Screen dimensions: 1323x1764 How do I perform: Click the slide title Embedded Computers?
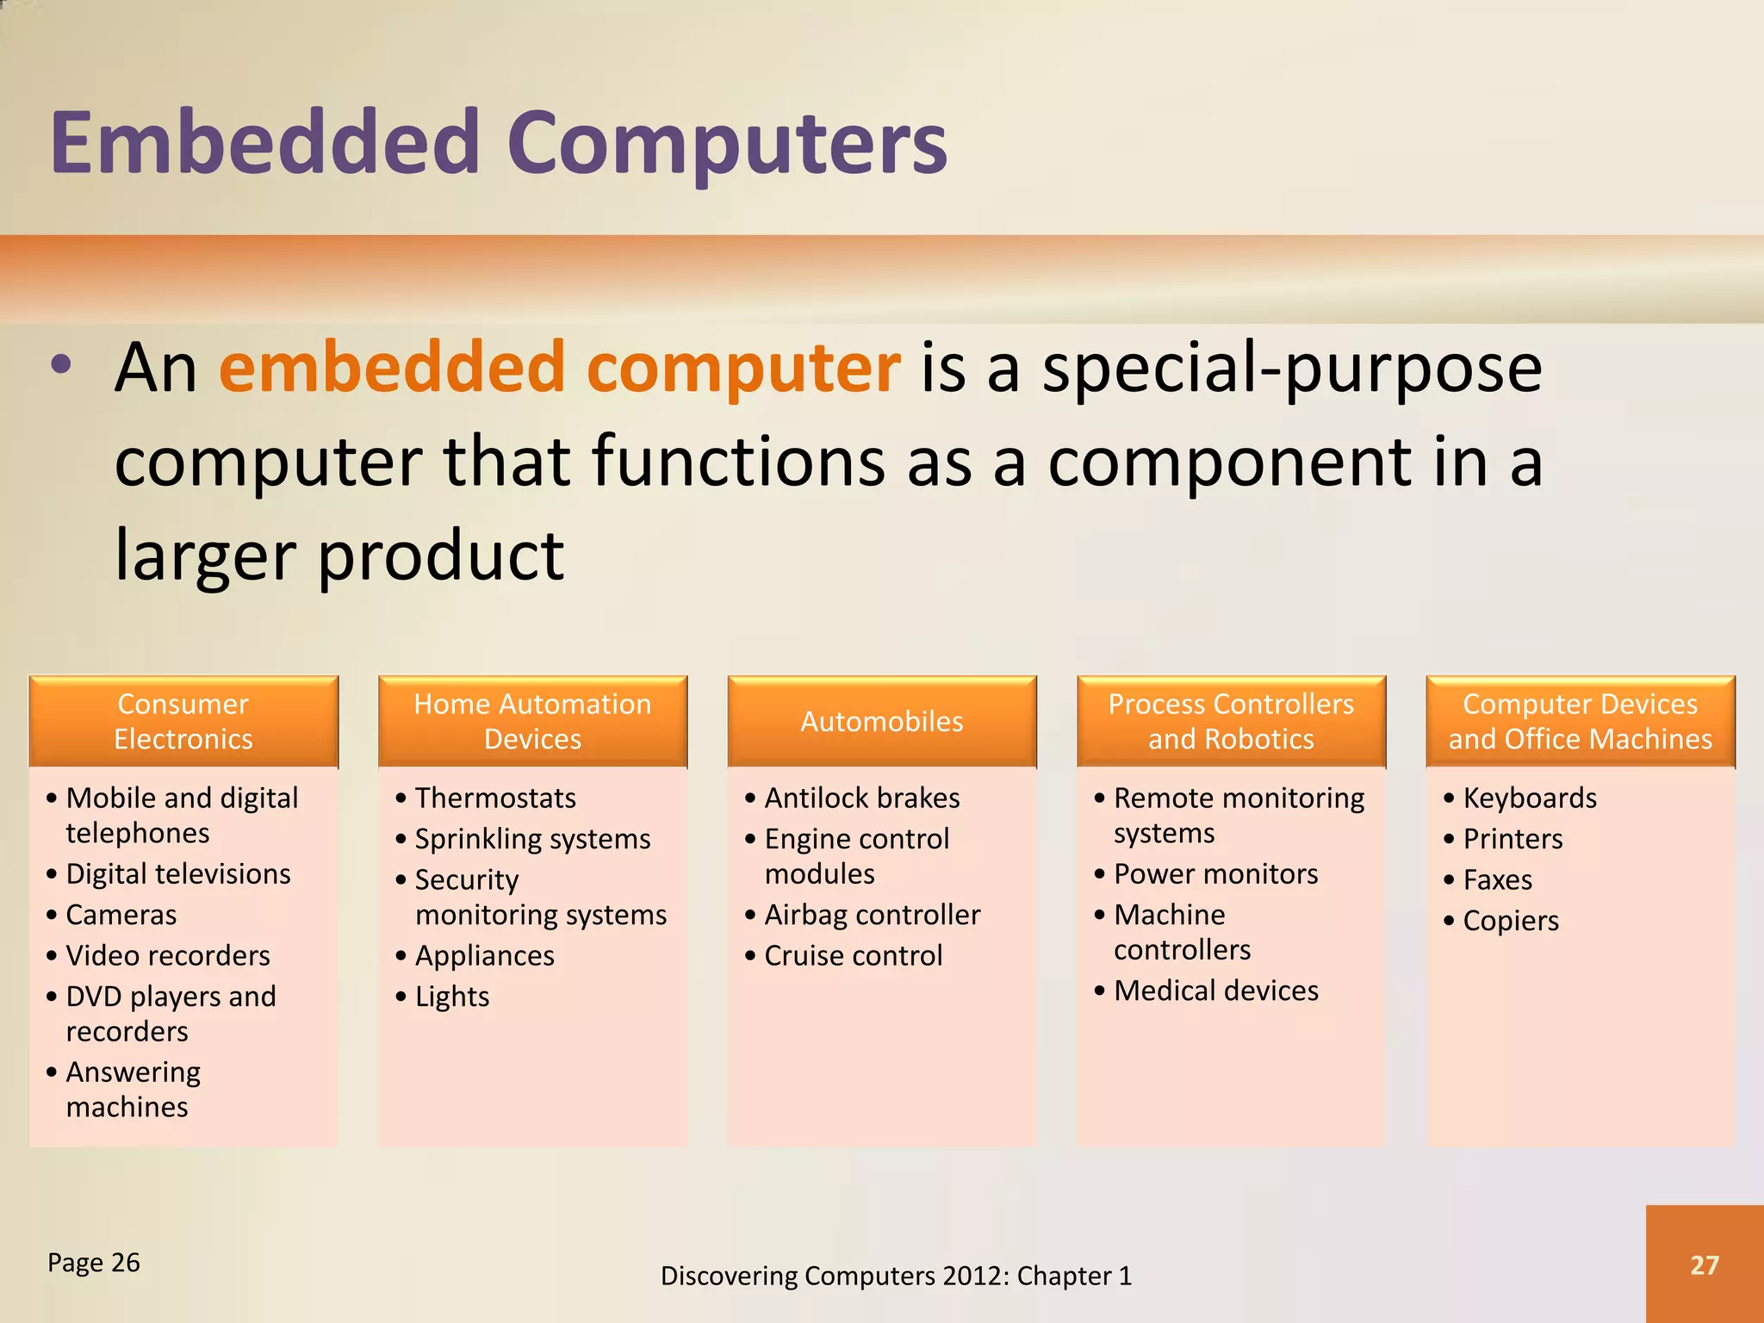coord(498,142)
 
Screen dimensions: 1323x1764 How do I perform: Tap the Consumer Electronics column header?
coord(183,721)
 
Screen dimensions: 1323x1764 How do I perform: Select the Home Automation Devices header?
coord(532,721)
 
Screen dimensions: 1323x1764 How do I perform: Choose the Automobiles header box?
coord(881,721)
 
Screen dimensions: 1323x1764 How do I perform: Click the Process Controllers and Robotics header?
coord(1231,721)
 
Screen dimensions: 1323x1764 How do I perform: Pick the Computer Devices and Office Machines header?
coord(1580,721)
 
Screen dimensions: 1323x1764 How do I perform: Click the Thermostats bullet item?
coord(495,798)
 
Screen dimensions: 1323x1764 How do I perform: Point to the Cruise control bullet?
coord(853,955)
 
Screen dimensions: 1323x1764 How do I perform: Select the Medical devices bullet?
coord(1215,991)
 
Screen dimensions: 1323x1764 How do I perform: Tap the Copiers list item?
coord(1511,920)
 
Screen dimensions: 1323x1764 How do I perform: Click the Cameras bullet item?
coord(121,915)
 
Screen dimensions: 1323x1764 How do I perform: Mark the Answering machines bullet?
coord(133,1089)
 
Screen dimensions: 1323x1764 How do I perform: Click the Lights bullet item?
coord(452,997)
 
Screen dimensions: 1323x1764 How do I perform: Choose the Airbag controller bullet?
coord(872,915)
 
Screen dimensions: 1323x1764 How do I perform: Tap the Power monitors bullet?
coord(1215,874)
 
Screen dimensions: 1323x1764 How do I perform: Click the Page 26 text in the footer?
coord(94,1263)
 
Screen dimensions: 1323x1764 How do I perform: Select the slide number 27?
coord(1704,1264)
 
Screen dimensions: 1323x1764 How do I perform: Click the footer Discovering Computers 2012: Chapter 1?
coord(896,1276)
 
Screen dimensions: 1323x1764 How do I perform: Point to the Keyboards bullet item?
coord(1530,798)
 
